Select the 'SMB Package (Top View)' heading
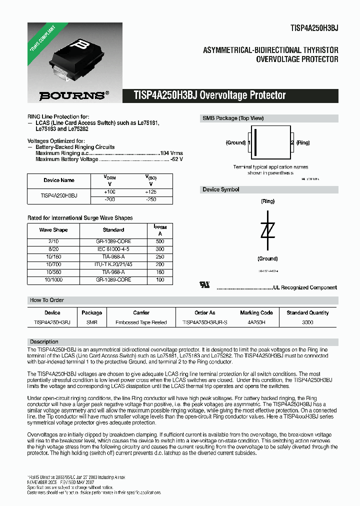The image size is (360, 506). (x=232, y=118)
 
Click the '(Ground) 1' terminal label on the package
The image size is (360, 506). (x=237, y=142)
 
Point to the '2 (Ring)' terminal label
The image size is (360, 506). (x=300, y=142)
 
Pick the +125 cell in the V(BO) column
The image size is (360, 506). (x=150, y=192)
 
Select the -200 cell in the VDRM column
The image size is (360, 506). (x=109, y=199)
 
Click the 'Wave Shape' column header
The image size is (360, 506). (x=53, y=230)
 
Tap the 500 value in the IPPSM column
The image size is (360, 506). (x=160, y=241)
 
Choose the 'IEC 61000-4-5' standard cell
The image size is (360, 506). (x=113, y=248)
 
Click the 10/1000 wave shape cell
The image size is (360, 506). (x=53, y=280)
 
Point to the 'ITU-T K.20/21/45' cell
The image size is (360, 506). (x=113, y=264)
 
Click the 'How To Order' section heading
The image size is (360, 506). (x=47, y=300)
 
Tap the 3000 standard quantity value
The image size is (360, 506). (x=307, y=322)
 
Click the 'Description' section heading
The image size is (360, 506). (x=44, y=341)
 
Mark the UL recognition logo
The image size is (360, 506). (x=204, y=285)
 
